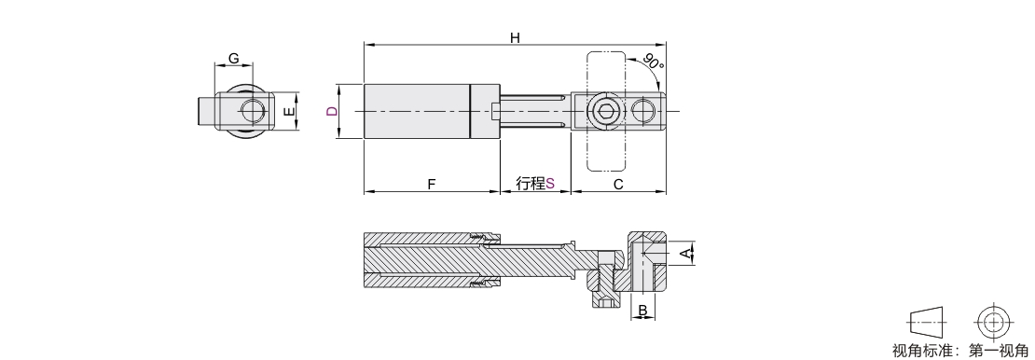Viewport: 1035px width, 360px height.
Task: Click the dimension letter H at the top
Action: pyautogui.click(x=515, y=37)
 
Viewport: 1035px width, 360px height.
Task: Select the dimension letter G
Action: pyautogui.click(x=234, y=58)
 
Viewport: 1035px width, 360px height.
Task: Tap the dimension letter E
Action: pyautogui.click(x=288, y=112)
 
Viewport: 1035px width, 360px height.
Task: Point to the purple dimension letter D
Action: pyautogui.click(x=332, y=111)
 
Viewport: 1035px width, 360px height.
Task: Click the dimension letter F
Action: pyautogui.click(x=432, y=185)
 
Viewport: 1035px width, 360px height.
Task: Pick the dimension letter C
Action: pyautogui.click(x=618, y=185)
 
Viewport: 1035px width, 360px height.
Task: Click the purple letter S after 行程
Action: pyautogui.click(x=550, y=184)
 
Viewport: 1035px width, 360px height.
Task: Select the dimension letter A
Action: pyautogui.click(x=687, y=253)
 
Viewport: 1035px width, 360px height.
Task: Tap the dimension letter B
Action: pyautogui.click(x=643, y=310)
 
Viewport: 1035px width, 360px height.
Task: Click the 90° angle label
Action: pyautogui.click(x=654, y=63)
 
